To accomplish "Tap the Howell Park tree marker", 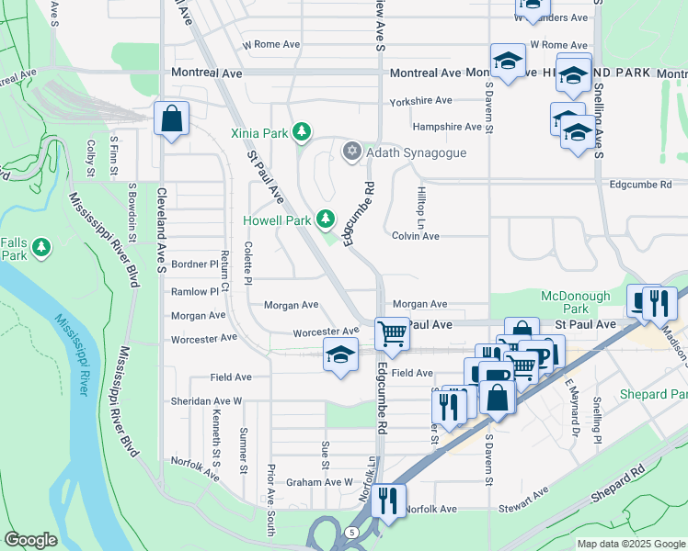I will [x=325, y=219].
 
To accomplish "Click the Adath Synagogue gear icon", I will [x=350, y=152].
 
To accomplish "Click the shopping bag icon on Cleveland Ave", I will [x=172, y=118].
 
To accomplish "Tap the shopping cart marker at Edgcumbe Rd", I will [x=393, y=333].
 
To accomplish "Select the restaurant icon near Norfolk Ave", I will [x=388, y=500].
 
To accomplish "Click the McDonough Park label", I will [x=575, y=303].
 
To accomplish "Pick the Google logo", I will [x=30, y=540].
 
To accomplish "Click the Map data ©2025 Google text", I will [x=632, y=544].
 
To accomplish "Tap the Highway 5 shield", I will [x=350, y=532].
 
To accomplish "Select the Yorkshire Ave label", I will [x=420, y=100].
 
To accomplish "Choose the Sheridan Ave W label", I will [x=206, y=401].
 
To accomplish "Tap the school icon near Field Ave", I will [x=339, y=354].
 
